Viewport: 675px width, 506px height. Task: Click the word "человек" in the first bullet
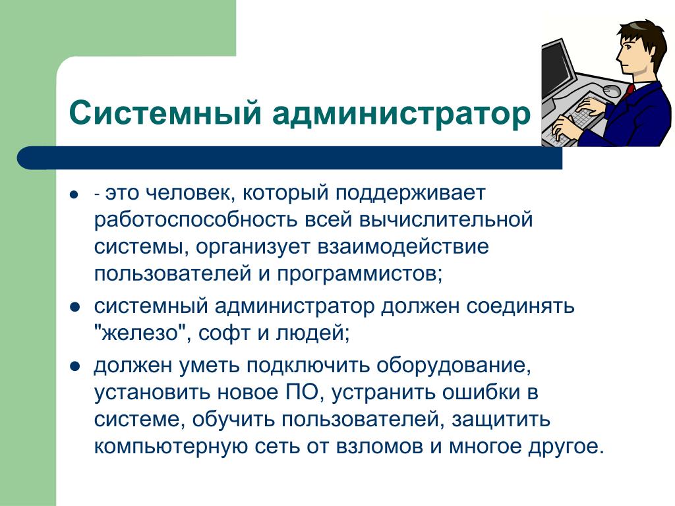[x=189, y=193]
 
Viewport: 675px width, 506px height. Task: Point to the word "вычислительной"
[x=446, y=219]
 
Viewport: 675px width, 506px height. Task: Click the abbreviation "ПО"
[x=301, y=393]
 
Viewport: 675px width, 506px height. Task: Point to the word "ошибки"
[x=479, y=393]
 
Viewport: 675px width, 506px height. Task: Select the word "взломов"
[x=380, y=447]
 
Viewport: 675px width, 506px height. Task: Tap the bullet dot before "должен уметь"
[x=74, y=366]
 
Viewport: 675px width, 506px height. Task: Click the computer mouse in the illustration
[x=611, y=90]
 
